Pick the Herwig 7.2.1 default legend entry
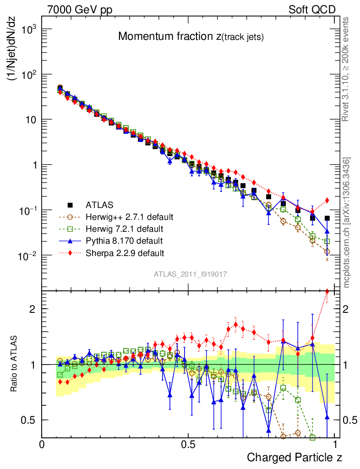coord(124,228)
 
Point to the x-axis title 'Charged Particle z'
coord(295,457)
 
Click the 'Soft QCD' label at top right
coord(312,10)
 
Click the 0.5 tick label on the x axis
coord(188,444)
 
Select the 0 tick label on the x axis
coord(42,444)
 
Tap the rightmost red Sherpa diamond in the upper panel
coord(327,200)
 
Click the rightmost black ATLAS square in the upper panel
coord(327,218)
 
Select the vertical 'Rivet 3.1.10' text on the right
coord(346,69)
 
